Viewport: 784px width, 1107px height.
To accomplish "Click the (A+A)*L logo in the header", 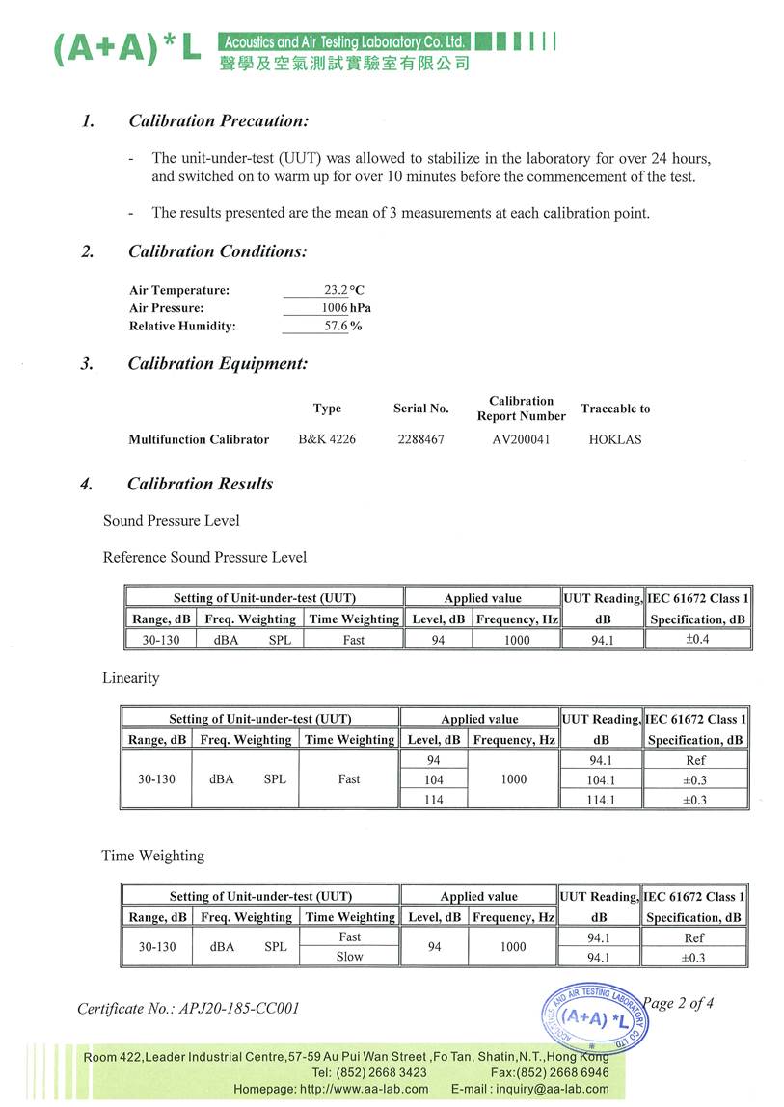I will pos(126,48).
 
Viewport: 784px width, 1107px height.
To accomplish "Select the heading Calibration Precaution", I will pos(218,121).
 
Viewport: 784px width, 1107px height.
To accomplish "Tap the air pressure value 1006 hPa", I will pos(345,308).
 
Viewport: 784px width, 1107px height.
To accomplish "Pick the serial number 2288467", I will pos(420,439).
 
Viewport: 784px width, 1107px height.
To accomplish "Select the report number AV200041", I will pos(521,439).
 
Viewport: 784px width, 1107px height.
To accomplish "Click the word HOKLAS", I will pos(614,439).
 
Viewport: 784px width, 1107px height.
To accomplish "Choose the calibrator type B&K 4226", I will pos(327,439).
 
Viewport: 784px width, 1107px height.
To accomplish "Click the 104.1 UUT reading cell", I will pos(600,780).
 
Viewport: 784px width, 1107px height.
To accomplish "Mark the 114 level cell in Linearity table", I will pos(434,800).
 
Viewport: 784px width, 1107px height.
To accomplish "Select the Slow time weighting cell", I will pos(349,957).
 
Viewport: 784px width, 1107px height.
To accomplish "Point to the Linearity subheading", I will pos(131,678).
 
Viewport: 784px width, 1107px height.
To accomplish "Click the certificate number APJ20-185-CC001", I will pos(188,1009).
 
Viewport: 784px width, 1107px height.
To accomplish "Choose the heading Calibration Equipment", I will pos(218,364).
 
